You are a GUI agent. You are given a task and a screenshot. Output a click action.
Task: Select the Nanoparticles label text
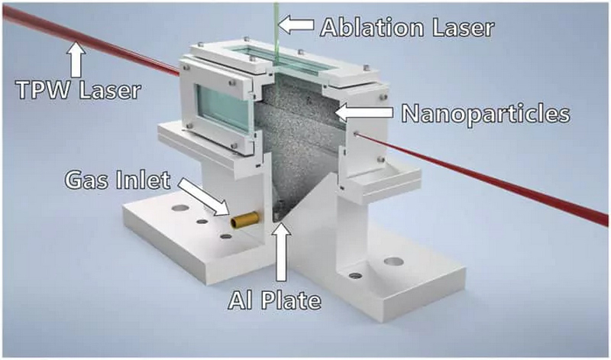tap(486, 113)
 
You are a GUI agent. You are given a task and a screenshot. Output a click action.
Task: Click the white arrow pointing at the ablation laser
tap(296, 24)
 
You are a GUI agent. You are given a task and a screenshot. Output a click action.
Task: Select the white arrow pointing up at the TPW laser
tap(77, 60)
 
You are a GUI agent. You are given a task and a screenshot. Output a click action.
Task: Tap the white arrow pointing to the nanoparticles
tap(364, 112)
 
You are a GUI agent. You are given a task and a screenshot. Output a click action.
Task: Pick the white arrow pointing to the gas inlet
tap(204, 196)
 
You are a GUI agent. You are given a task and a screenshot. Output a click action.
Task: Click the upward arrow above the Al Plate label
tap(282, 251)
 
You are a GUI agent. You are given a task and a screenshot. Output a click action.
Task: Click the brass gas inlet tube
tap(245, 220)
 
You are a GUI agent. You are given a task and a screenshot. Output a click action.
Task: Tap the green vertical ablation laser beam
tap(276, 35)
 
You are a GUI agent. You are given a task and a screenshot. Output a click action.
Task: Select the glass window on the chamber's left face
tap(223, 108)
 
